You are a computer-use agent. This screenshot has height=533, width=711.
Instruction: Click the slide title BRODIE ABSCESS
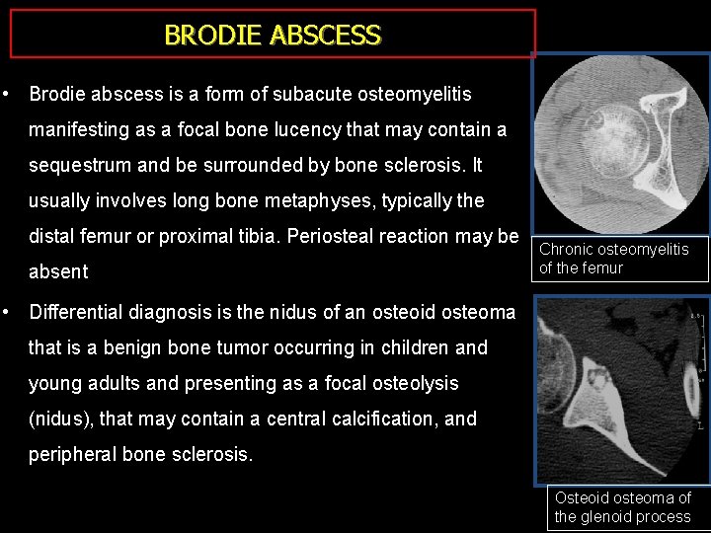point(273,36)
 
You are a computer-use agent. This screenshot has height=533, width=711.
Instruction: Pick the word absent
point(58,271)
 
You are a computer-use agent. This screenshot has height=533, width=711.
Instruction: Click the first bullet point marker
point(8,95)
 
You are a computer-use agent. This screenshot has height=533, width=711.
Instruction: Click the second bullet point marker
point(8,312)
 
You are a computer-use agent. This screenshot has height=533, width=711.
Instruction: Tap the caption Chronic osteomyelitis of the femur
point(613,258)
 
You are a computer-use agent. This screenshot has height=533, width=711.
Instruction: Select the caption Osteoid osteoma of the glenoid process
point(622,507)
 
